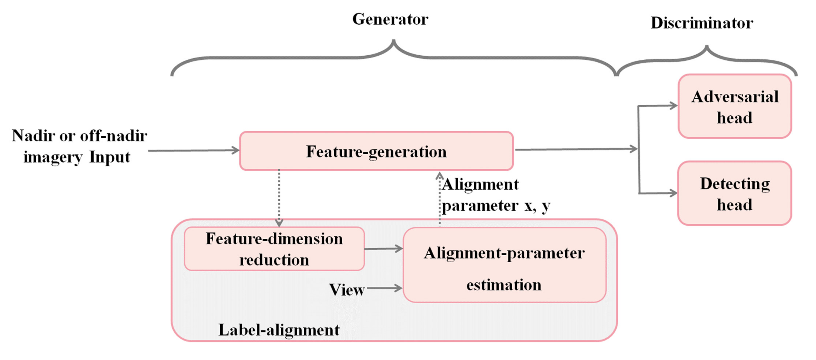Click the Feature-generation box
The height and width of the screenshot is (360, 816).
click(376, 151)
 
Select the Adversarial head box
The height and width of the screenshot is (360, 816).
click(735, 106)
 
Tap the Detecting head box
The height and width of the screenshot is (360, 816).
click(735, 193)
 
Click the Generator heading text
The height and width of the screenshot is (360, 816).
click(390, 19)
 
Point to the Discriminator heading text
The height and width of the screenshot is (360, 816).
click(702, 23)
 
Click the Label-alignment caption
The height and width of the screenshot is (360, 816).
click(279, 330)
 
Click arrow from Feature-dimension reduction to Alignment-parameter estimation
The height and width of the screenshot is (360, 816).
click(383, 249)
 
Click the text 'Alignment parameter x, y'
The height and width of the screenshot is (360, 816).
click(496, 195)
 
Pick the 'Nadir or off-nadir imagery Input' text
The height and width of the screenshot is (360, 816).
click(79, 146)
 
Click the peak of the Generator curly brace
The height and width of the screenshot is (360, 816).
click(394, 41)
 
